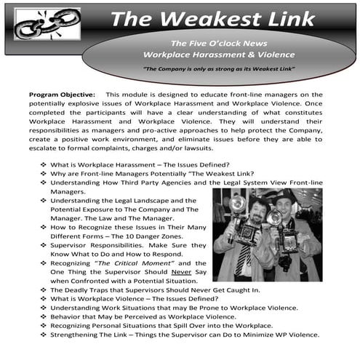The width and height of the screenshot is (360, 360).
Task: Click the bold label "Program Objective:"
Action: click(61, 95)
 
